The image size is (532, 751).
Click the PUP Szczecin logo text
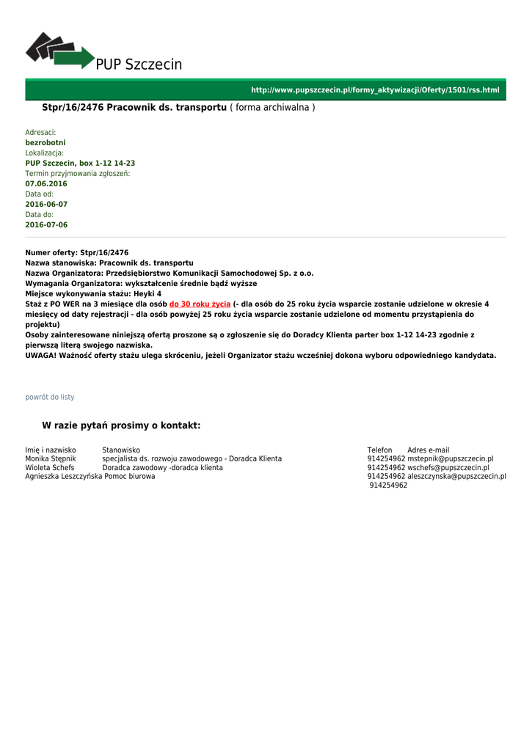(x=139, y=65)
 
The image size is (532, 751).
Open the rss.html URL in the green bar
(x=374, y=90)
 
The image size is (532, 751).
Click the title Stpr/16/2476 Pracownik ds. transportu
(x=134, y=108)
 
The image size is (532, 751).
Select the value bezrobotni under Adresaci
(x=45, y=142)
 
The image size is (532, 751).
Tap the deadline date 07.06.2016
(x=46, y=183)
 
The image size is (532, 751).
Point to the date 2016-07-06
(x=46, y=224)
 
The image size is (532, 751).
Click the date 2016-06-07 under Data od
(x=46, y=204)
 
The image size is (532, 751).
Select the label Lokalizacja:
(x=45, y=153)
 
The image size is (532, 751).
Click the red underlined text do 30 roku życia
(x=200, y=304)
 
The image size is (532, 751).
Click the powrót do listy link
(x=50, y=397)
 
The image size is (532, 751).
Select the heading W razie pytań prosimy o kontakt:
(x=121, y=425)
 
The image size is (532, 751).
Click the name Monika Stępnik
(x=51, y=458)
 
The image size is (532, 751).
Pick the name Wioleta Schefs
(x=50, y=467)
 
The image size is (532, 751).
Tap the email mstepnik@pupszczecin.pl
(x=451, y=458)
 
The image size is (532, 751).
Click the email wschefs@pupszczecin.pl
(x=448, y=467)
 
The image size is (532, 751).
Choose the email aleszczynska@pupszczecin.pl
(x=456, y=476)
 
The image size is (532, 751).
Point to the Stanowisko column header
(x=121, y=450)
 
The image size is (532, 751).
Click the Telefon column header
(x=379, y=450)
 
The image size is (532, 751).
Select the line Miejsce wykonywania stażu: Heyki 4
(x=93, y=293)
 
